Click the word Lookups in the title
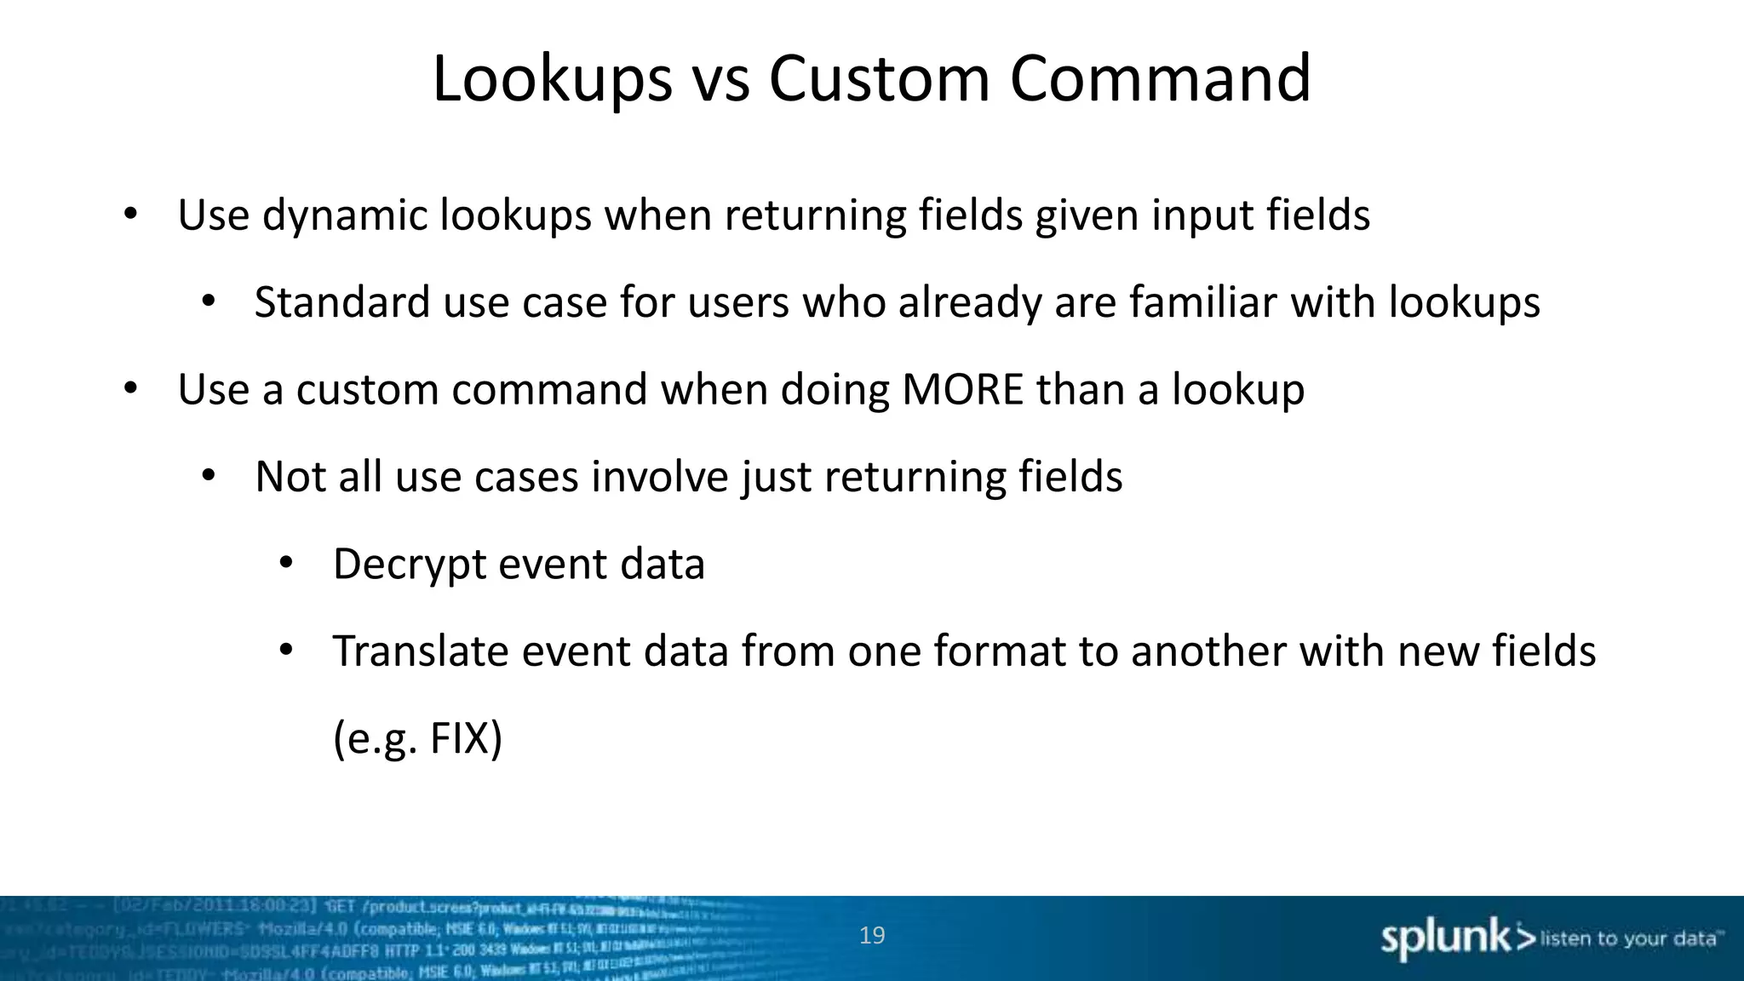pos(552,79)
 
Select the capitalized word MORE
pos(962,389)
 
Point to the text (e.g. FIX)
pos(417,738)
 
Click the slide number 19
pos(872,936)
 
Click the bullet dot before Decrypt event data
pos(286,563)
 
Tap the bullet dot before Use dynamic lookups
pos(130,214)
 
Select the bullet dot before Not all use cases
pos(209,476)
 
